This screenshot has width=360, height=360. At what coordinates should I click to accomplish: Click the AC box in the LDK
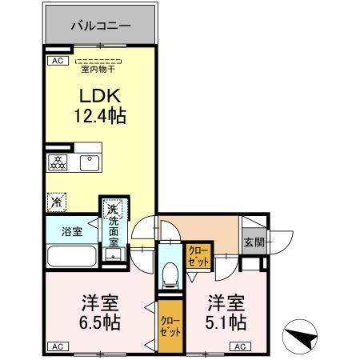57,60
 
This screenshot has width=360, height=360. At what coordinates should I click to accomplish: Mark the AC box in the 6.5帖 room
57,346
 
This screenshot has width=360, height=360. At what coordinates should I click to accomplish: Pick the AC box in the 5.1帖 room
240,346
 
